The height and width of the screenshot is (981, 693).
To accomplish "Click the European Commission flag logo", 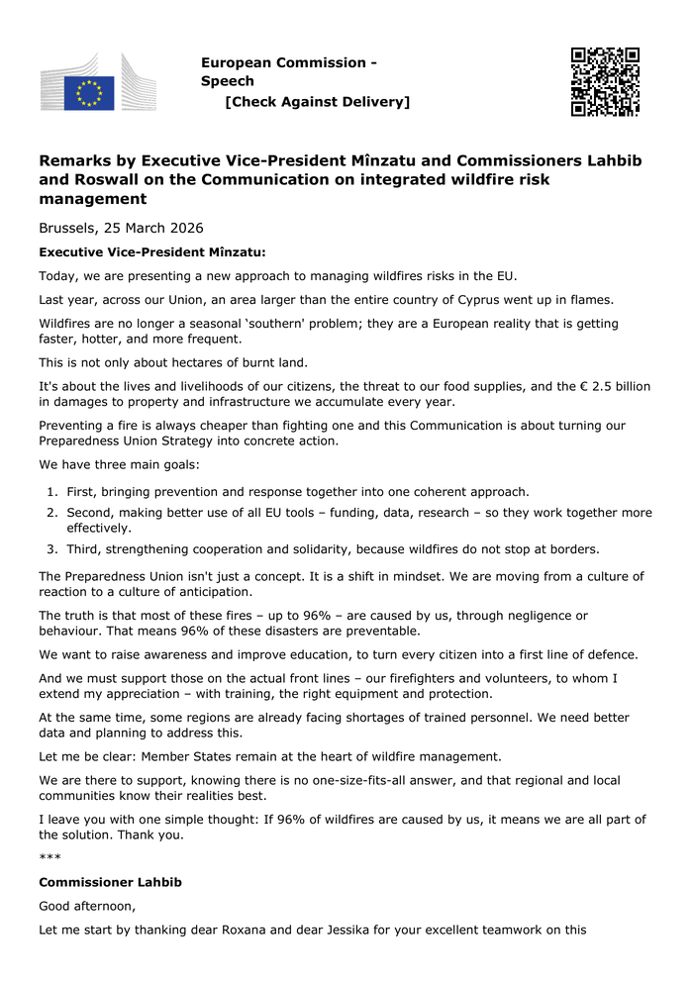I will (x=89, y=91).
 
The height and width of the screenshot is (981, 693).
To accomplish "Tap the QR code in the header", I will (x=605, y=81).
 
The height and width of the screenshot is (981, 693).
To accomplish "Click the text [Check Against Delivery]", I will (x=317, y=102).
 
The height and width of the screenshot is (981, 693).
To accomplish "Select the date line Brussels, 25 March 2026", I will (x=121, y=228).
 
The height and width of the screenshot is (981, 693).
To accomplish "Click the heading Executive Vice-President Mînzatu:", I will (x=151, y=251).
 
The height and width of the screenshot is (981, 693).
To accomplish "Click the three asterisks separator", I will (x=49, y=858).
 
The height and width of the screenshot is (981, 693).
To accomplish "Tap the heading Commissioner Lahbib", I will (x=110, y=882).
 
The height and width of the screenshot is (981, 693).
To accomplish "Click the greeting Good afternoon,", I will (x=87, y=906).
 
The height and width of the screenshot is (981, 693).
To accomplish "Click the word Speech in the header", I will (x=228, y=81).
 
